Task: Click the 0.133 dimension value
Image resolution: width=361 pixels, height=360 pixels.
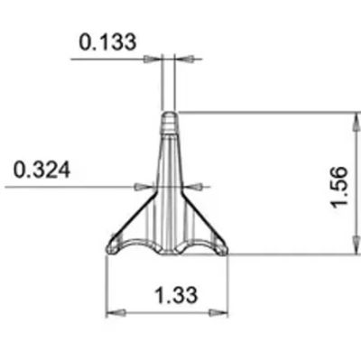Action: pyautogui.click(x=107, y=42)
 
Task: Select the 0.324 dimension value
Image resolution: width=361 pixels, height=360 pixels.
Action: pyautogui.click(x=42, y=170)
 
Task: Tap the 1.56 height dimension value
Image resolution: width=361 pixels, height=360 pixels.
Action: pyautogui.click(x=338, y=187)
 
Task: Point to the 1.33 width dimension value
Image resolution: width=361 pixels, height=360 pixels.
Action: pyautogui.click(x=176, y=295)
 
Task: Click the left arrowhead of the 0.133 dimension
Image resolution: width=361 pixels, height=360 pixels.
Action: pyautogui.click(x=153, y=59)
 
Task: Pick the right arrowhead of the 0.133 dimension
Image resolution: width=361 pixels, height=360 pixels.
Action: pyautogui.click(x=183, y=59)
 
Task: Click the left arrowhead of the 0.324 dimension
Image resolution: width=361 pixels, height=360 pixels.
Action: pyautogui.click(x=144, y=187)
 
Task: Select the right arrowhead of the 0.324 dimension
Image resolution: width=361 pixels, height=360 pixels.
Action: pyautogui.click(x=193, y=187)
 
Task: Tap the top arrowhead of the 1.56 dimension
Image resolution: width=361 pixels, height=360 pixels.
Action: pyautogui.click(x=357, y=121)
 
